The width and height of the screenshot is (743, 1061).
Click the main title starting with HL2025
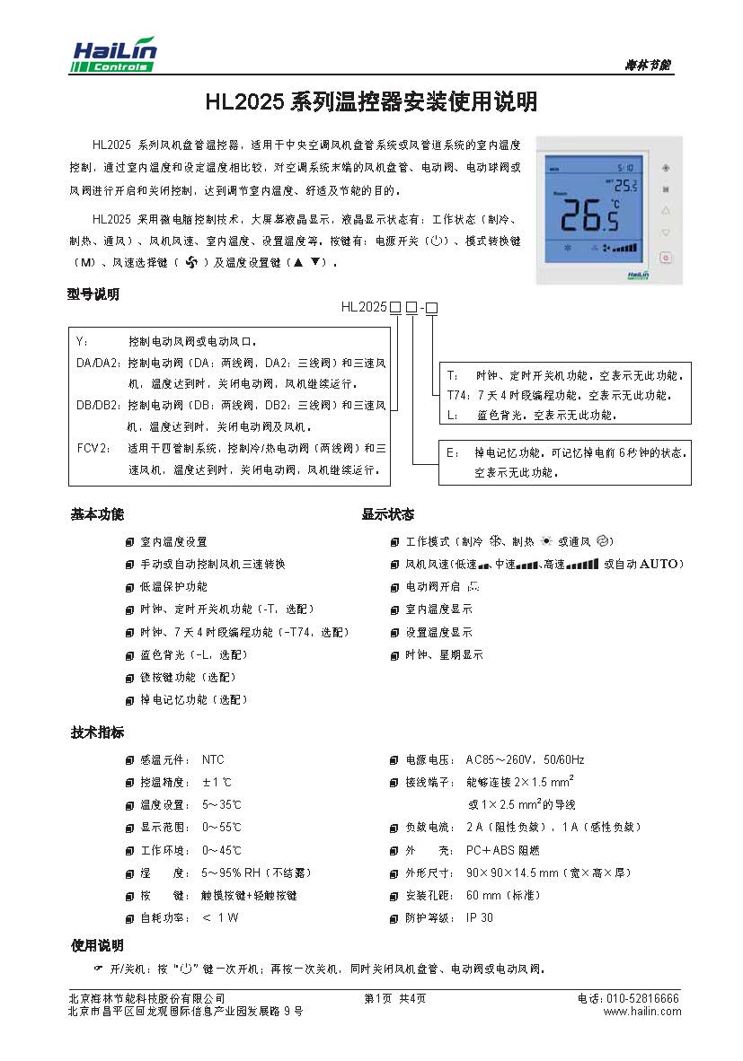click(371, 102)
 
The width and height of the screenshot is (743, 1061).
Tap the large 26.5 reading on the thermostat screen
click(588, 215)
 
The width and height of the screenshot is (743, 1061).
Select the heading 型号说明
click(93, 294)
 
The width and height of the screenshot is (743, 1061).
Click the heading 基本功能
click(97, 514)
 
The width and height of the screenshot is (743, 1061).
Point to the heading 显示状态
click(388, 514)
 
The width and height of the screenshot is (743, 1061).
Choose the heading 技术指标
click(97, 732)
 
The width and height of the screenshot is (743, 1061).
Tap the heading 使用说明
click(97, 945)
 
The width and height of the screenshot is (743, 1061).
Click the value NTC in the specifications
click(213, 759)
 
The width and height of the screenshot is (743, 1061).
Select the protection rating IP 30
click(480, 917)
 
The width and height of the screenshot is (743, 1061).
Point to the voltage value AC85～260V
click(500, 759)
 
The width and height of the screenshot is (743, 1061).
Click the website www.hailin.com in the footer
click(641, 1012)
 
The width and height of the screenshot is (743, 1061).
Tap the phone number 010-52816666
click(643, 998)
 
